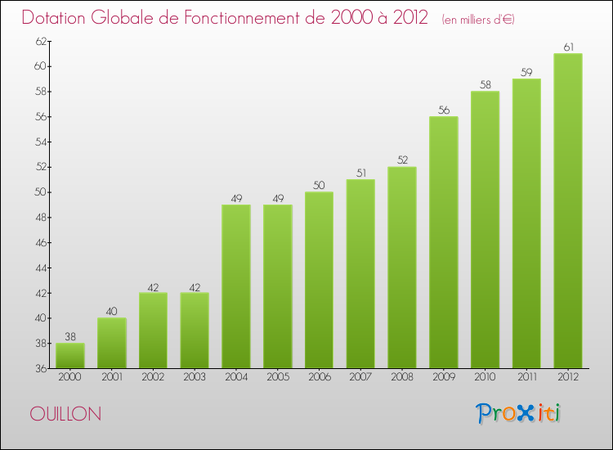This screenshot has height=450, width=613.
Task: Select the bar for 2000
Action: (70, 355)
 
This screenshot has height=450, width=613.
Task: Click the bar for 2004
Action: (236, 286)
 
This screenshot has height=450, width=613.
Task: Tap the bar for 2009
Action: (443, 242)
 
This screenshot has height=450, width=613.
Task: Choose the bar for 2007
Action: (360, 273)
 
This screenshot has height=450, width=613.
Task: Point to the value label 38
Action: (70, 336)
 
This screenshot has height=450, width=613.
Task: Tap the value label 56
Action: (443, 110)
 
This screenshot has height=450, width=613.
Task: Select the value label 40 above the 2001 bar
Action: (112, 311)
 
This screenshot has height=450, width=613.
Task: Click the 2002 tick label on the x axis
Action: (153, 378)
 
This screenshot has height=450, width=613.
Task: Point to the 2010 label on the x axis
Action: (485, 378)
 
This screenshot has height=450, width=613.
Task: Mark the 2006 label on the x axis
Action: (319, 378)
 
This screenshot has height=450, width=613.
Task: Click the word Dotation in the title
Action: (56, 17)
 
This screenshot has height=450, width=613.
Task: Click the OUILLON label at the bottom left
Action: (66, 415)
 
